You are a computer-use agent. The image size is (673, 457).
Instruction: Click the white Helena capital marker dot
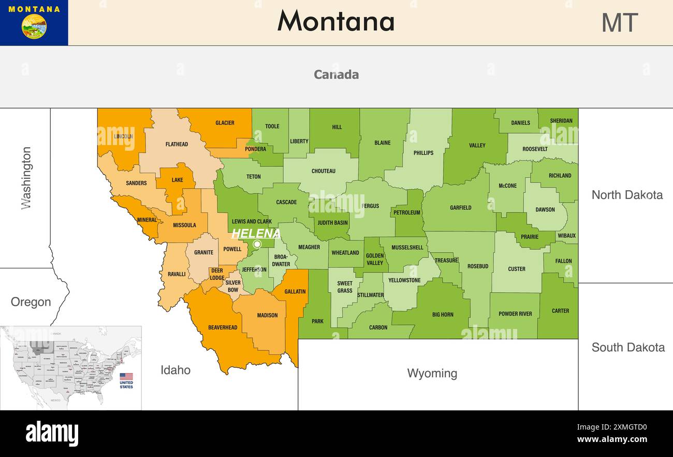pyautogui.click(x=257, y=244)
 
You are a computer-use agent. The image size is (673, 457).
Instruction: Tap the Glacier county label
pyautogui.click(x=225, y=123)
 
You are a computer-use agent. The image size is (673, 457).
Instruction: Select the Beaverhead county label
pyautogui.click(x=223, y=327)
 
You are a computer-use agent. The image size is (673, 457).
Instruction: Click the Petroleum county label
pyautogui.click(x=407, y=212)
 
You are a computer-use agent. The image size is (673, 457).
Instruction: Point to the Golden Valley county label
pyautogui.click(x=375, y=259)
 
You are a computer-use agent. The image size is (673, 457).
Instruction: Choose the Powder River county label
pyautogui.click(x=515, y=313)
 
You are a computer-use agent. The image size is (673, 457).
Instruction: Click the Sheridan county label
pyautogui.click(x=561, y=121)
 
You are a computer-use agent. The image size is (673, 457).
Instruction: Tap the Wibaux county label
pyautogui.click(x=566, y=236)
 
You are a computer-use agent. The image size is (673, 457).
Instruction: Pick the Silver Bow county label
pyautogui.click(x=233, y=286)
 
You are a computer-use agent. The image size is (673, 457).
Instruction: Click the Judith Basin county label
pyautogui.click(x=333, y=223)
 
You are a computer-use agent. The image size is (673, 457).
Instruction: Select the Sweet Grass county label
pyautogui.click(x=345, y=287)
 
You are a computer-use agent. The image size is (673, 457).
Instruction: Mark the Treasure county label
pyautogui.click(x=446, y=260)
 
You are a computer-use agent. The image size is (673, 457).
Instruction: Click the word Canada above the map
pyautogui.click(x=336, y=75)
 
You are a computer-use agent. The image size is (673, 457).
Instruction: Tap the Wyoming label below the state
pyautogui.click(x=432, y=373)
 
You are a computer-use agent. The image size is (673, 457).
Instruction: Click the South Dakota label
pyautogui.click(x=628, y=347)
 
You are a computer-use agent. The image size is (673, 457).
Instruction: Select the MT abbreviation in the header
pyautogui.click(x=619, y=23)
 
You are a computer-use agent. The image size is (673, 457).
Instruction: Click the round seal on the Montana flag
pyautogui.click(x=34, y=26)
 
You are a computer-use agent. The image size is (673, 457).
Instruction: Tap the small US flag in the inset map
pyautogui.click(x=126, y=377)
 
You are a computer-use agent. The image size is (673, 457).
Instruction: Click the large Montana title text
pyautogui.click(x=336, y=22)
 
